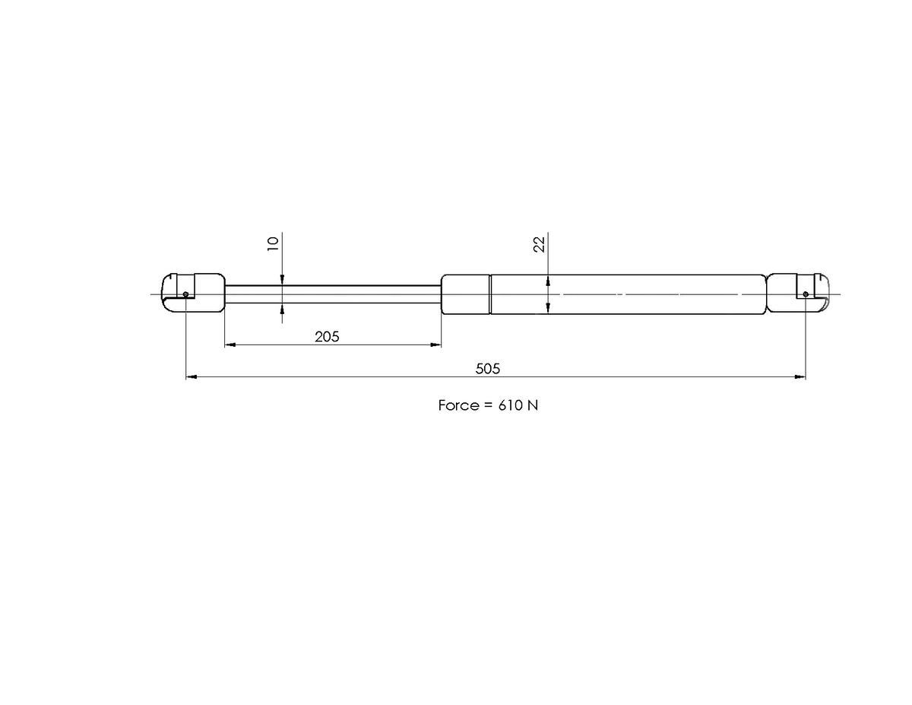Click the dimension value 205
coord(327,336)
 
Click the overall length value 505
coord(488,369)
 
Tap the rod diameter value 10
coord(274,243)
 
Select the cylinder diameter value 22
coord(540,244)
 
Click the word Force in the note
coord(458,405)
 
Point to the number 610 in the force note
coord(510,405)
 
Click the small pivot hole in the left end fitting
coord(186,294)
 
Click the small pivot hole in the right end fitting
coord(806,294)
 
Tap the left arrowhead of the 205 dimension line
coord(230,345)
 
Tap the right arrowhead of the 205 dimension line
coord(436,345)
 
